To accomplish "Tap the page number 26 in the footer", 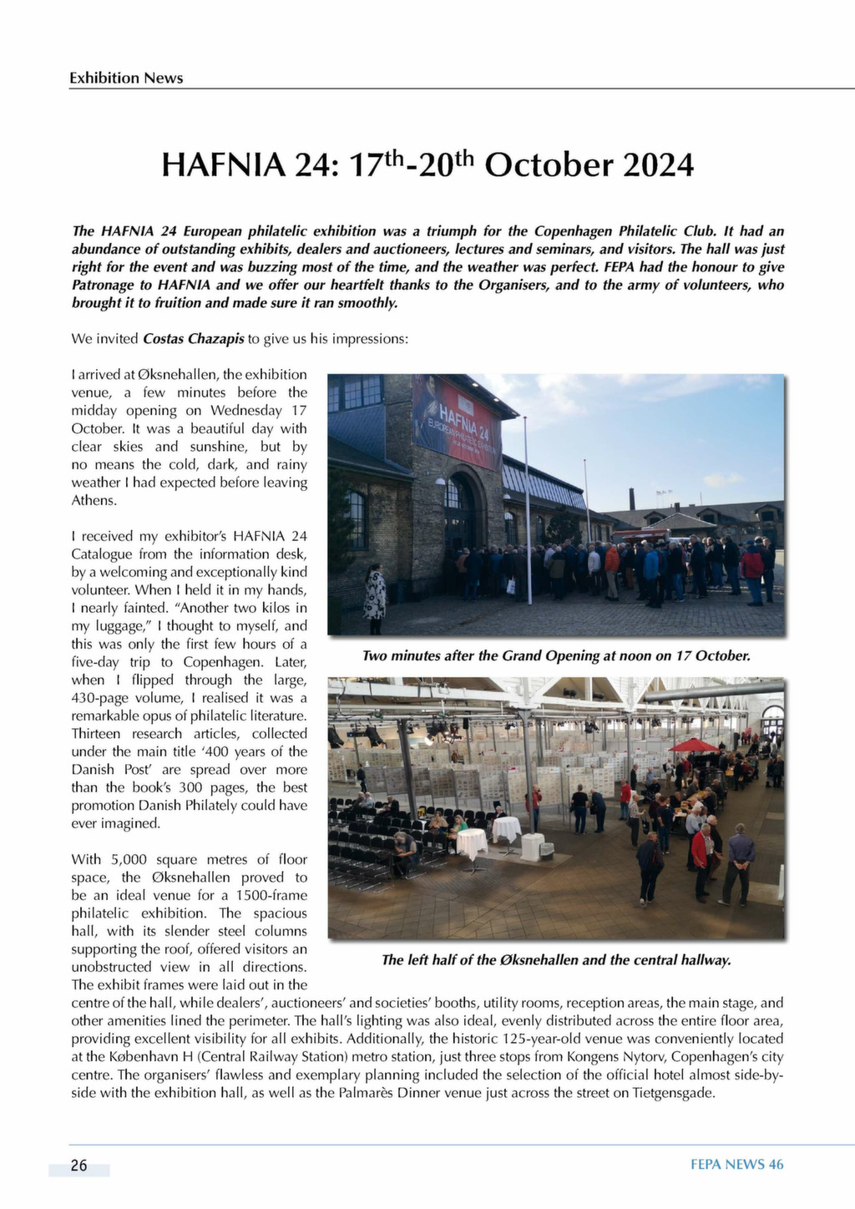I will pyautogui.click(x=78, y=1166).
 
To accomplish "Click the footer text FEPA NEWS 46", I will pyautogui.click(x=736, y=1165).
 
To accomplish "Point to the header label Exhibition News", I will pyautogui.click(x=126, y=78).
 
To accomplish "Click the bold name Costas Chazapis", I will pyautogui.click(x=194, y=339).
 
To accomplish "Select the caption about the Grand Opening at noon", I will pyautogui.click(x=556, y=656).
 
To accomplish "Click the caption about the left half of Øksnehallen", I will pyautogui.click(x=556, y=960).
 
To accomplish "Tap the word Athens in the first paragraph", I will pyautogui.click(x=94, y=500).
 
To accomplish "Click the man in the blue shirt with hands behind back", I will pyautogui.click(x=738, y=860).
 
